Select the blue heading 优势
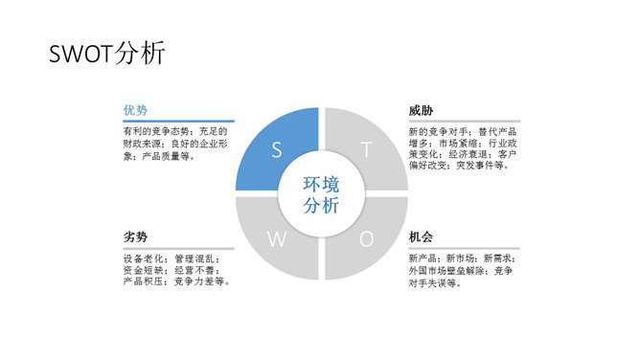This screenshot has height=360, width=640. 134,110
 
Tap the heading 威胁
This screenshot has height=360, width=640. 421,110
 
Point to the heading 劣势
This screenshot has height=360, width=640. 134,236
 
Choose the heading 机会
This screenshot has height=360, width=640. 421,236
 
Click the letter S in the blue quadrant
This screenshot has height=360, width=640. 277,149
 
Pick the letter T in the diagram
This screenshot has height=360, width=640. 366,149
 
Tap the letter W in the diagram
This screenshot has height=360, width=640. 277,239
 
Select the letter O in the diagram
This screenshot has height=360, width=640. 366,239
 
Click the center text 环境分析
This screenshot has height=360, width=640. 321,194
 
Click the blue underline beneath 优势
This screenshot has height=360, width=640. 179,121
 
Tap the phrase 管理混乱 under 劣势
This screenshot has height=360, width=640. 197,259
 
